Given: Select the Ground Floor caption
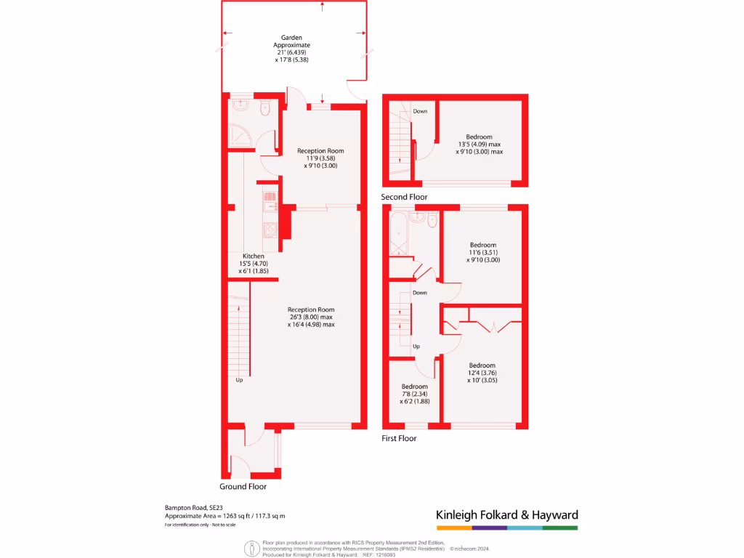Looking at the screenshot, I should pos(243,487).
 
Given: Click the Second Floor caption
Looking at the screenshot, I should pos(404,197).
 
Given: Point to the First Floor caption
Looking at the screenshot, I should pos(399,438).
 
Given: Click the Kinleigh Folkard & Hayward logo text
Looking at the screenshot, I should pos(506,515).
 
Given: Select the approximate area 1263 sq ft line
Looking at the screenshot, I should pos(225,516).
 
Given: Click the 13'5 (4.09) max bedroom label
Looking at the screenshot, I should pos(479,145).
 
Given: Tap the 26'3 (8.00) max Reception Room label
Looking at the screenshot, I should pos(310,317).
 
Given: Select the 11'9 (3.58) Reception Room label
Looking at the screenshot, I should pos(320,158).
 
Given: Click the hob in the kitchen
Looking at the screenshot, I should pos(270,231).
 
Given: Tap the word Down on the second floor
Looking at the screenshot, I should pos(420,111).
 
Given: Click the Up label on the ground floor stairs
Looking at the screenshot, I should pos(239,380).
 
